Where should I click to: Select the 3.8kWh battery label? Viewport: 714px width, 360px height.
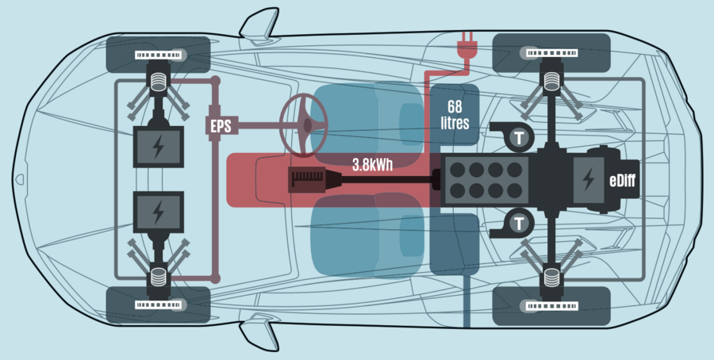click(x=373, y=166)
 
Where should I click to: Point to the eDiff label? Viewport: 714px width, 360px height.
click(x=624, y=180)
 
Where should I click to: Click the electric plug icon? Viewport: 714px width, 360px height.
click(x=464, y=48)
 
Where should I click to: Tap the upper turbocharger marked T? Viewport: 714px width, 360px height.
click(x=517, y=138)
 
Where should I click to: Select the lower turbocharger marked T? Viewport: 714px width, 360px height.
click(x=517, y=223)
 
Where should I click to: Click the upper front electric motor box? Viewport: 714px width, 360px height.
click(x=158, y=147)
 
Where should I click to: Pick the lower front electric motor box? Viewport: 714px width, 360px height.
click(x=158, y=212)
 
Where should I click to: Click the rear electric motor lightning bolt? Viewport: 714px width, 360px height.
click(x=588, y=178)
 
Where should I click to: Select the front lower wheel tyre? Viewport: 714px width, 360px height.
click(x=158, y=305)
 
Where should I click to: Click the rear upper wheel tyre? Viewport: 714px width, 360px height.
click(x=551, y=53)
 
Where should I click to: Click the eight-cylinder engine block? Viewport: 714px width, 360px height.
click(x=486, y=180)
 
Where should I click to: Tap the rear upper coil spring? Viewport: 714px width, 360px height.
click(x=551, y=80)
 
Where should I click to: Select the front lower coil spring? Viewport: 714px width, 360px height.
click(x=158, y=278)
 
